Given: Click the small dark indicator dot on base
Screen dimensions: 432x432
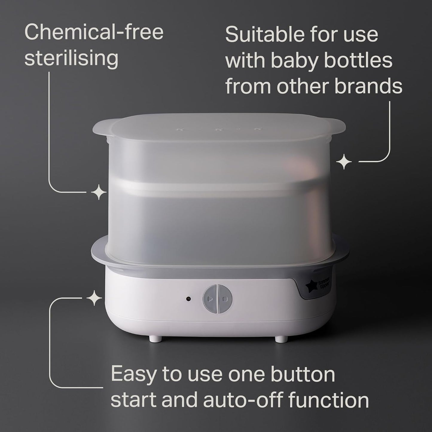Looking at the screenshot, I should (x=189, y=298).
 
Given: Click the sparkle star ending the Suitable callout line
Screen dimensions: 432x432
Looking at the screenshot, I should (x=344, y=162).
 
